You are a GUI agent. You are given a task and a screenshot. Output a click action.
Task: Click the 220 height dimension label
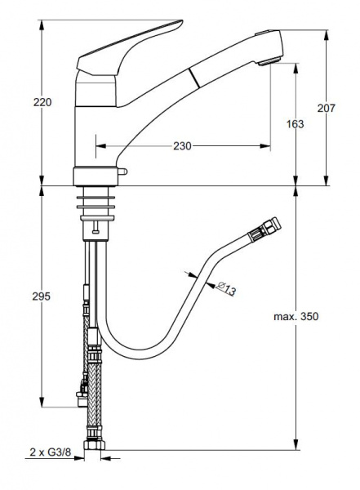42,102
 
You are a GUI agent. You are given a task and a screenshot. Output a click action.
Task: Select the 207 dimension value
327,108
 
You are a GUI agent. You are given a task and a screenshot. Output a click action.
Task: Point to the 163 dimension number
295,124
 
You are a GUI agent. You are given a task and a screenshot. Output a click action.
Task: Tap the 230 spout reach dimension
182,146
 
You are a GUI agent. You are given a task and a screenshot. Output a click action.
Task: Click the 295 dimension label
42,296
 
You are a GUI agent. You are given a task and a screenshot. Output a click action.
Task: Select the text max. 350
296,316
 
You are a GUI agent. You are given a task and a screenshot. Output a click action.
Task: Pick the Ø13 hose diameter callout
225,288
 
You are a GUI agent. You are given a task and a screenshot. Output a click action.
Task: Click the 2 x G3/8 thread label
51,452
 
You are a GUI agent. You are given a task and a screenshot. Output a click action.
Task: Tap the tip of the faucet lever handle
181,22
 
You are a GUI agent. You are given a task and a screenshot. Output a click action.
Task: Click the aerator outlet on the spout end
269,61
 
